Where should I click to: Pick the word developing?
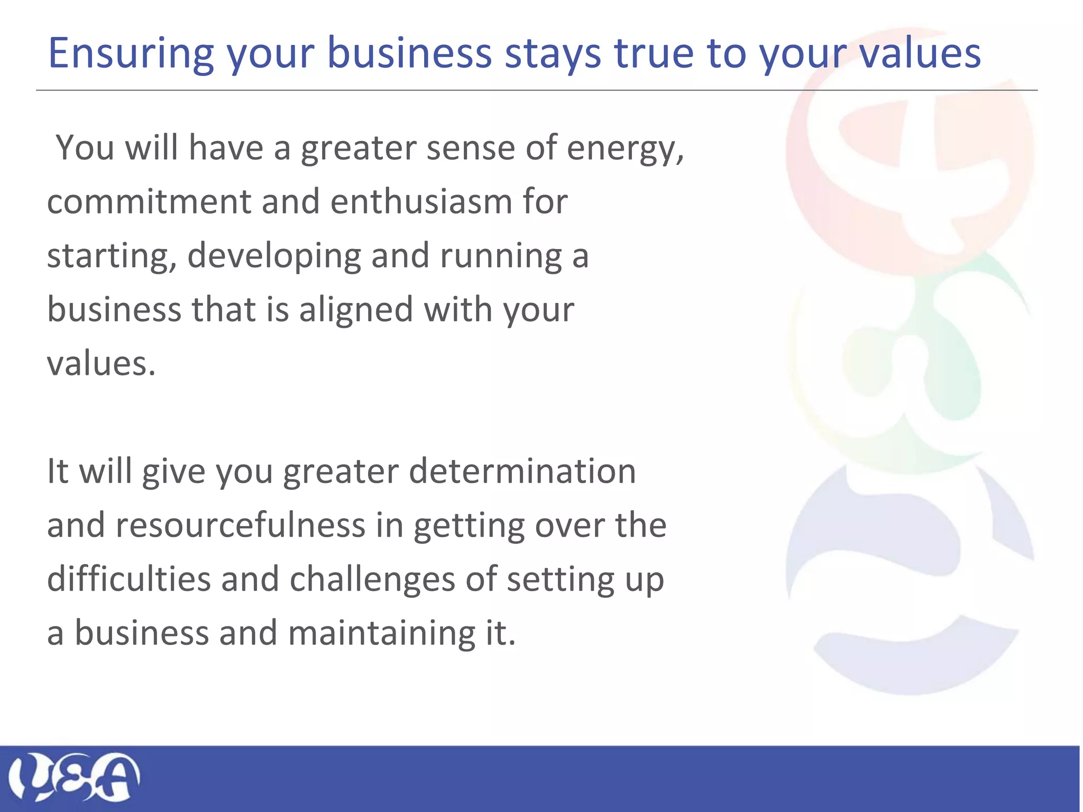[x=273, y=257]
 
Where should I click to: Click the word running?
[x=500, y=257]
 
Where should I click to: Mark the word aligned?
[x=355, y=310]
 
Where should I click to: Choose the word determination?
[x=522, y=471]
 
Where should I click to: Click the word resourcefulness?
[x=241, y=525]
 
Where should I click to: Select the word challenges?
[x=372, y=580]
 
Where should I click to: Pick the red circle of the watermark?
[x=910, y=153]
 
